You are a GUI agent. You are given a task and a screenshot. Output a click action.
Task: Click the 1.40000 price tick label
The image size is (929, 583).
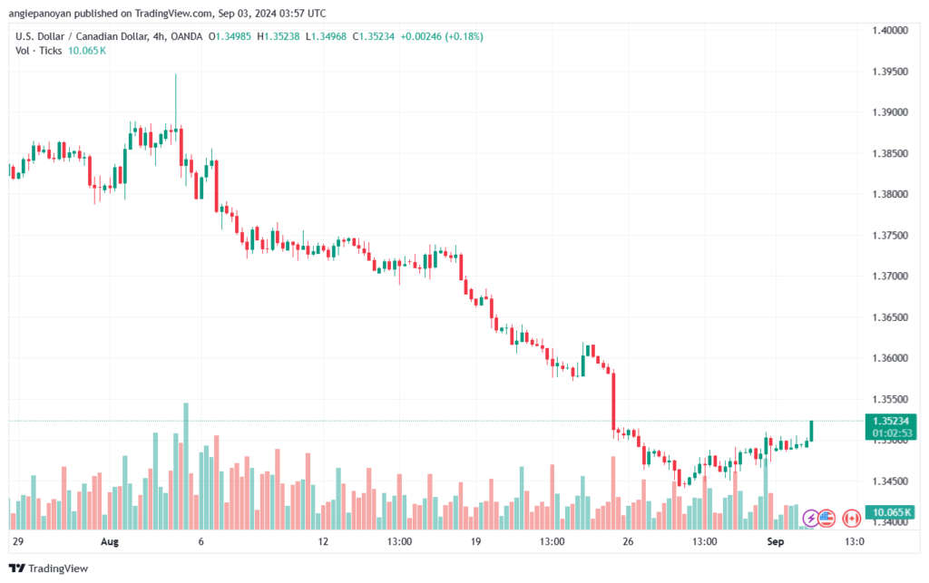coord(890,30)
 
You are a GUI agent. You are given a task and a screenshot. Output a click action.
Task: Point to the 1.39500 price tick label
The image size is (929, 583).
coord(890,71)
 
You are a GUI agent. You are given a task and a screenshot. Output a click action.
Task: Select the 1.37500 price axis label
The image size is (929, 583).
coord(890,235)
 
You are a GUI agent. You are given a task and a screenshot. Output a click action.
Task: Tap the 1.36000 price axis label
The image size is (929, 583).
coord(890,358)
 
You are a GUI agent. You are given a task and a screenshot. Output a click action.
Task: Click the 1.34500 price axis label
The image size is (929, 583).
coord(890,481)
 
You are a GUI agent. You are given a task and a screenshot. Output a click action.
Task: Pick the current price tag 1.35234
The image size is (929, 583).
coord(890,421)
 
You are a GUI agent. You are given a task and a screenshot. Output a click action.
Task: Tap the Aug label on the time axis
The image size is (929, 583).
coord(110,541)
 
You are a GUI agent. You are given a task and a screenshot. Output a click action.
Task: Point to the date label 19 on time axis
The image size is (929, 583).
coord(474,541)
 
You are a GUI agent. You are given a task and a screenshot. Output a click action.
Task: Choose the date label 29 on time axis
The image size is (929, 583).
coord(16,541)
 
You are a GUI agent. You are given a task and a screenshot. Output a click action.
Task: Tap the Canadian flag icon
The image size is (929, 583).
coord(851,518)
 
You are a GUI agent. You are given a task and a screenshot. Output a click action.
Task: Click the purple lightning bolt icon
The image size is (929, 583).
coord(811,518)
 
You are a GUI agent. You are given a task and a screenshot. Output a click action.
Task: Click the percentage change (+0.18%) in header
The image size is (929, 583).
coord(463,36)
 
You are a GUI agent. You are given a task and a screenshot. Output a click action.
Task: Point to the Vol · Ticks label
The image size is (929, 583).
coord(39,51)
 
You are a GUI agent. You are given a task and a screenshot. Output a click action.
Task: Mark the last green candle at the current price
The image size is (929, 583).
coord(811,431)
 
